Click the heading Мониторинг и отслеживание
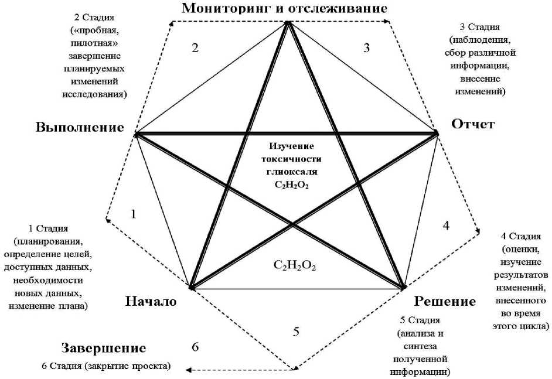click(x=285, y=8)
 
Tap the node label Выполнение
click(x=80, y=128)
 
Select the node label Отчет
click(x=473, y=124)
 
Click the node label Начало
click(x=151, y=301)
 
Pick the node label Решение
click(x=445, y=301)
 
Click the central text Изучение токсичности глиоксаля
click(x=291, y=159)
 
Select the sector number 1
click(x=134, y=214)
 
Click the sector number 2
click(x=195, y=48)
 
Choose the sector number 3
click(x=367, y=48)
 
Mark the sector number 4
click(x=446, y=226)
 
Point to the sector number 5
click(x=296, y=332)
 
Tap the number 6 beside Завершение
click(x=195, y=347)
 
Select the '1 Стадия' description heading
click(x=49, y=228)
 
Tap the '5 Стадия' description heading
click(x=418, y=320)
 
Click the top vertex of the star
click(x=288, y=23)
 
